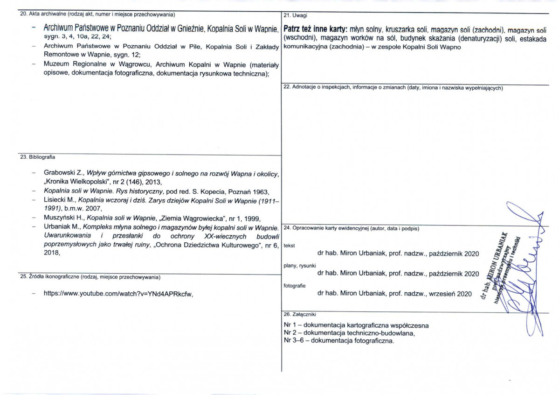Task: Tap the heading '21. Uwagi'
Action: click(x=292, y=16)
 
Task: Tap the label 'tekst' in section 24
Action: click(x=289, y=246)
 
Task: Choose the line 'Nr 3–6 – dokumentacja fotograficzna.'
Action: click(x=338, y=341)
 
